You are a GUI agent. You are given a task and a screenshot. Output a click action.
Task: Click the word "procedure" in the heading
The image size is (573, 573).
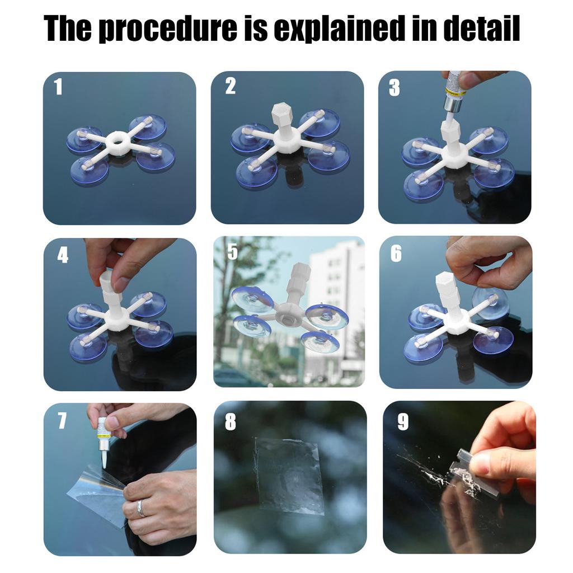pos(168,29)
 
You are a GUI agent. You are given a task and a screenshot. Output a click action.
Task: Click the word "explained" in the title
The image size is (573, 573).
pos(340,29)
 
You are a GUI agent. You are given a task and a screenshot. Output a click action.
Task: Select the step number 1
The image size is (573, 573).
pos(58,87)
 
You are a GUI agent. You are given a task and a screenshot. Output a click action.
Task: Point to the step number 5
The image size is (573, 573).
pos(232,251)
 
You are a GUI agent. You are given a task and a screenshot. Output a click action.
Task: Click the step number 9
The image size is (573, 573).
pos(403,422)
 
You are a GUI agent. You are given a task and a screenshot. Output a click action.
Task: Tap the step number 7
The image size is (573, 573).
pos(62,421)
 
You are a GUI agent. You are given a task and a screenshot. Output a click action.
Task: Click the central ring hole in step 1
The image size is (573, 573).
pos(118,140)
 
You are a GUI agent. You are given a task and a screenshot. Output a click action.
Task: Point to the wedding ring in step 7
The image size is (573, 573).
pos(140,508)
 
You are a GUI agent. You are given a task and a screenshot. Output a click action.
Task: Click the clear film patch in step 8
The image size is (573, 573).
pos(289,475)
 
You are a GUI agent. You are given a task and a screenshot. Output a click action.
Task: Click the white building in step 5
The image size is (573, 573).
pos(336,307)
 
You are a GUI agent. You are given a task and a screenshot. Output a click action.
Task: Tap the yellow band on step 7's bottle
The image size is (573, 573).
pos(102,436)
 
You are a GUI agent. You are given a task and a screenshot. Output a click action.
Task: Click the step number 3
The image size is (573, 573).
pos(394,88)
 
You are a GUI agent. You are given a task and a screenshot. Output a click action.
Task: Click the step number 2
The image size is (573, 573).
pos(230,86)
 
